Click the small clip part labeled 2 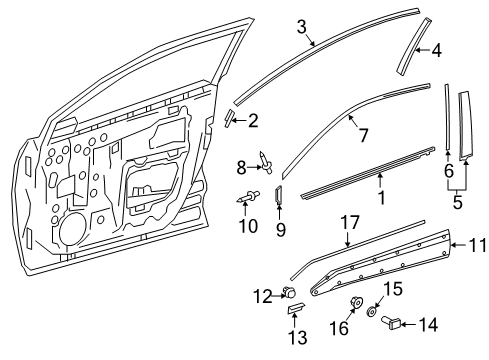[x=230, y=120]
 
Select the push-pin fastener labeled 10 [x=248, y=196]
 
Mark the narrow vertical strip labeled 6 [x=447, y=125]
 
